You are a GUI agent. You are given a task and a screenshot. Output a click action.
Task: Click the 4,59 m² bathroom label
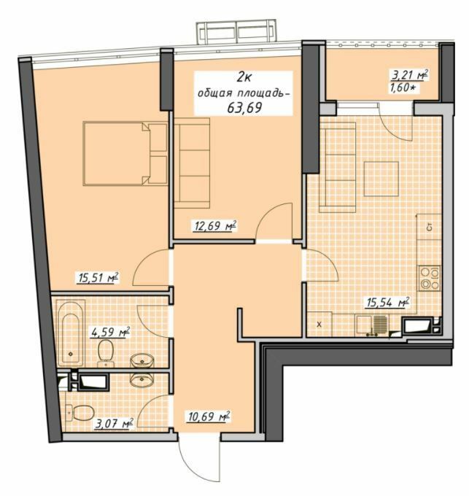point(109,333)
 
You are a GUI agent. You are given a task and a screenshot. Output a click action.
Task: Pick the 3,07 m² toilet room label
point(112,422)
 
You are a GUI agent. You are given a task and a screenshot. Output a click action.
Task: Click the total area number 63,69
point(244,108)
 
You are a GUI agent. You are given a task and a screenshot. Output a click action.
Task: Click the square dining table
point(381,177)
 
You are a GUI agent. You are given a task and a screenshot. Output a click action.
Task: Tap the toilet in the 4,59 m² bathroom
point(106,352)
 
